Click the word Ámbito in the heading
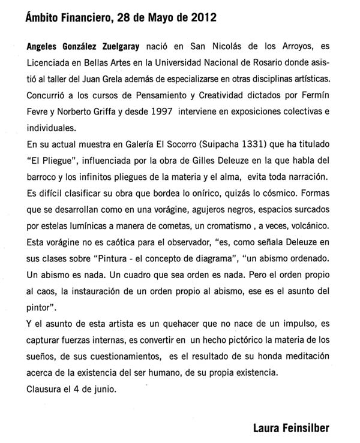point(46,19)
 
